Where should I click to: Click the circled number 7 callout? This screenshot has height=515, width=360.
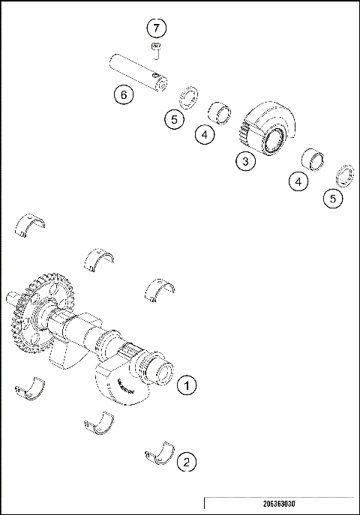(156, 28)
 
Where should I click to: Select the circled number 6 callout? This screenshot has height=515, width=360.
(124, 94)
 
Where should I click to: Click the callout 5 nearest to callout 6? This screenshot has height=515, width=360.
(173, 118)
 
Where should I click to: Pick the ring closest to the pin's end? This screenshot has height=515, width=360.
(188, 97)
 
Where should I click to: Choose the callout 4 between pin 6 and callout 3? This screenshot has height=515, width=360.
(203, 135)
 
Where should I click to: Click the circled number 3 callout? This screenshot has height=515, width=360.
(244, 160)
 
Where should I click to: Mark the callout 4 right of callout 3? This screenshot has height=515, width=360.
(299, 181)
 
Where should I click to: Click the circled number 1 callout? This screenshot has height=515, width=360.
(187, 385)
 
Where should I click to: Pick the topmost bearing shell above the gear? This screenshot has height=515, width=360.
(31, 224)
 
